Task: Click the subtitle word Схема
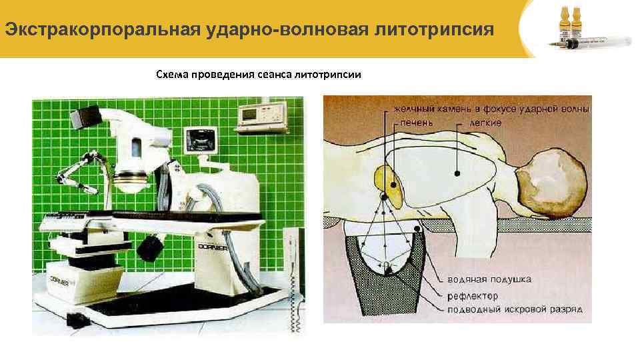(172, 74)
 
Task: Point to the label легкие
(485, 123)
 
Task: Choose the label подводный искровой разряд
(513, 309)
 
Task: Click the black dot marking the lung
(457, 173)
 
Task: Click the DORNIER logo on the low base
(61, 281)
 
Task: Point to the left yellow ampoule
(563, 20)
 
